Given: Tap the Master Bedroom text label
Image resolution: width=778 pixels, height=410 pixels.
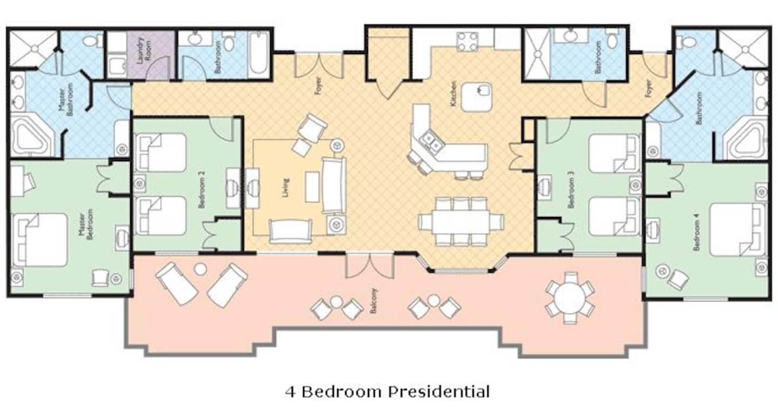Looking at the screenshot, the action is pos(85,224).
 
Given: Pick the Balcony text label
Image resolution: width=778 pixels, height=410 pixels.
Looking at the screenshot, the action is pos(374,300).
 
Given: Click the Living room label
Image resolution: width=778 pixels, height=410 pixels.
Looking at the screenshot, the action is pos(285,188).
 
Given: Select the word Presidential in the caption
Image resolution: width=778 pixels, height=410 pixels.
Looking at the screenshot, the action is pos(439,392).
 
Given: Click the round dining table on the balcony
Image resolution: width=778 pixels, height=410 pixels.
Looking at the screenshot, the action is pos(570,298).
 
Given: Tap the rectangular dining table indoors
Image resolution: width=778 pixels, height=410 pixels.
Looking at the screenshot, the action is pos(461,222).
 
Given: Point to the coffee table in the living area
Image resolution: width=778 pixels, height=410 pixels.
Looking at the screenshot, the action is pos(312,187).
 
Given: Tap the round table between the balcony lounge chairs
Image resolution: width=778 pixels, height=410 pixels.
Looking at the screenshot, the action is pos(200,269).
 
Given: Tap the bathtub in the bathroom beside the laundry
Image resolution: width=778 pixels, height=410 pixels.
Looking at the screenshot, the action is pos(259,55).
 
